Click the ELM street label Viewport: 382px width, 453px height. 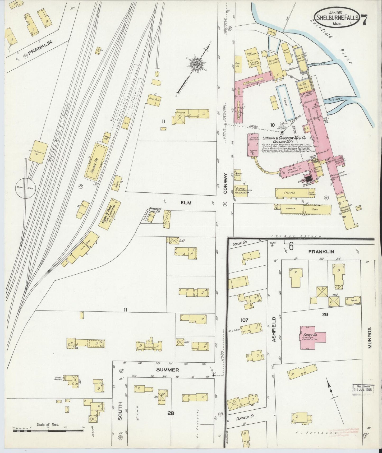coord(186,203)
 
